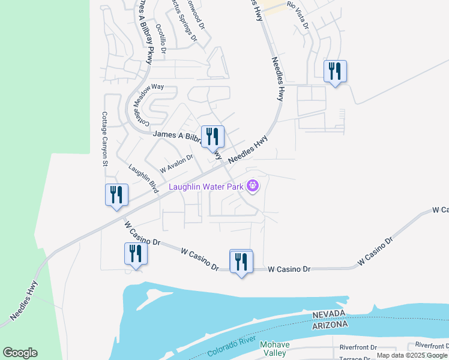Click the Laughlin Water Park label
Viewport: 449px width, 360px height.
206,187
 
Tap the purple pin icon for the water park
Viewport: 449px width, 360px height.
253,187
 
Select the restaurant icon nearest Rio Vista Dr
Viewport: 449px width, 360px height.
334,72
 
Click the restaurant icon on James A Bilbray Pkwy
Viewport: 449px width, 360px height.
211,137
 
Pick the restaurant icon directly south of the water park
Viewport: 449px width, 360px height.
241,262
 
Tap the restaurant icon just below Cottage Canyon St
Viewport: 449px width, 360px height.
116,195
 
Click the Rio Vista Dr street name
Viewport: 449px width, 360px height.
298,15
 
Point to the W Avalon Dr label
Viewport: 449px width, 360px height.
175,162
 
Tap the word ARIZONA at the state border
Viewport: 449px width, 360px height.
330,325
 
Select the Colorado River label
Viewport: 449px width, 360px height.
223,348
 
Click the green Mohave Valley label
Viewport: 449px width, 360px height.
274,349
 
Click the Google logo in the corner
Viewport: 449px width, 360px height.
20,353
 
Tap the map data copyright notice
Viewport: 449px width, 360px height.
412,356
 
